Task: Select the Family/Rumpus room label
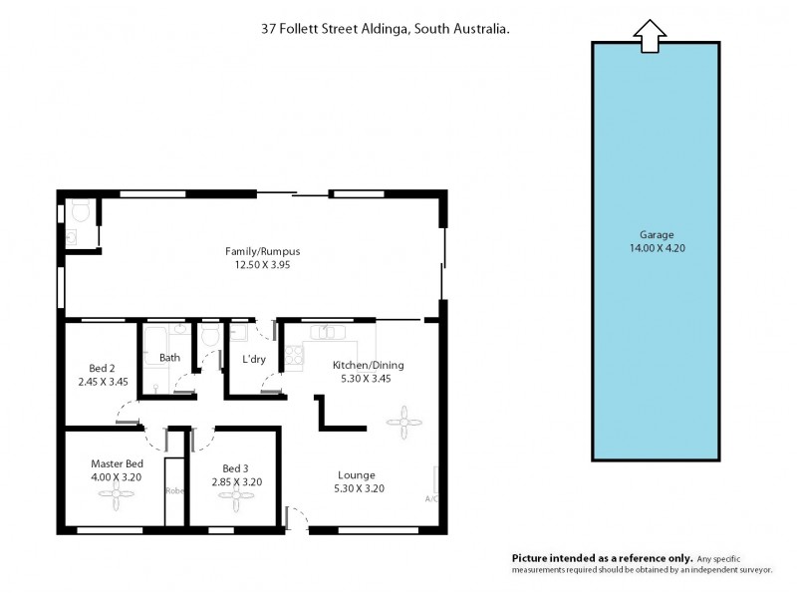[x=262, y=251]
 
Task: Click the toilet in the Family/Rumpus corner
[x=79, y=211]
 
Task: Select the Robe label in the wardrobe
[x=174, y=490]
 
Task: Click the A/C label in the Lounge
[x=431, y=498]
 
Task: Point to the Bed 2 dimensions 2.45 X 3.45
[x=103, y=381]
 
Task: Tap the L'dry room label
[x=254, y=359]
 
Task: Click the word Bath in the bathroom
[x=169, y=357]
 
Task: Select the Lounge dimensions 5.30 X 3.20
[x=360, y=488]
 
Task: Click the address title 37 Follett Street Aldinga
[x=385, y=30]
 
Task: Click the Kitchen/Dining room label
[x=368, y=365]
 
